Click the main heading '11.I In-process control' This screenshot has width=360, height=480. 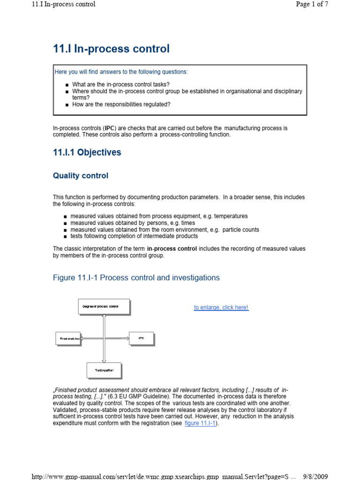click(x=111, y=49)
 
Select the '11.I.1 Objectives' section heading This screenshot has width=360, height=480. click(x=87, y=152)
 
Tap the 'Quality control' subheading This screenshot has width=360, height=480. click(x=80, y=176)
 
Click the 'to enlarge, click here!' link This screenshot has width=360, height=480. click(x=221, y=307)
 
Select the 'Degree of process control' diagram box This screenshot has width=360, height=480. click(x=104, y=307)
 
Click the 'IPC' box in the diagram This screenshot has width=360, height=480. click(x=142, y=337)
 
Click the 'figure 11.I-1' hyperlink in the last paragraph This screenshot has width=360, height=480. click(x=202, y=423)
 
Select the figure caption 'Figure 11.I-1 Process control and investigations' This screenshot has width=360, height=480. click(x=136, y=277)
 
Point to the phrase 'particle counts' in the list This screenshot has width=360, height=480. click(x=240, y=230)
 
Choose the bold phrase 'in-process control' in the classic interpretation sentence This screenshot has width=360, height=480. click(x=172, y=248)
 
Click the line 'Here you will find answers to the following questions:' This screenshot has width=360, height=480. click(x=121, y=72)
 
